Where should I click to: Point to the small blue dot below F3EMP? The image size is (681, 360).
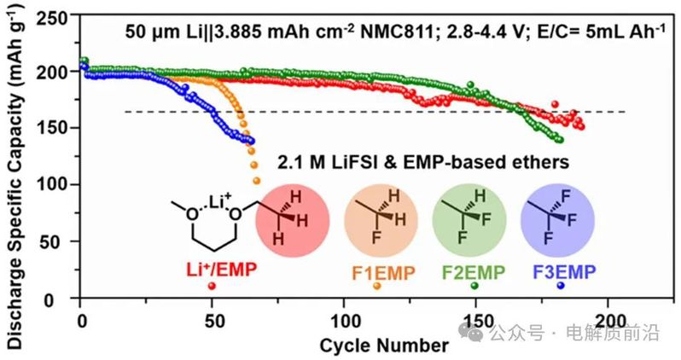560,285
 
